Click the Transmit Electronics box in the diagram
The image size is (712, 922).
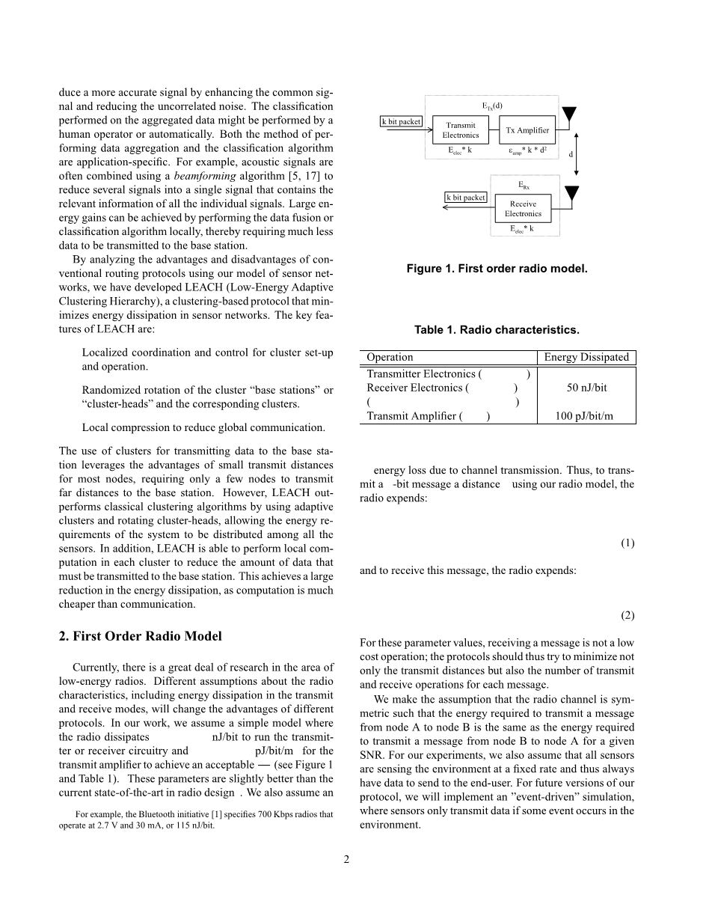click(460, 130)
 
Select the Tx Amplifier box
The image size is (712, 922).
click(527, 130)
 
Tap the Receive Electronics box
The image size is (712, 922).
click(523, 208)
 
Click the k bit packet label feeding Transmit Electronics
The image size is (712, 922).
click(401, 122)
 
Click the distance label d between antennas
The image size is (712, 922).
click(571, 154)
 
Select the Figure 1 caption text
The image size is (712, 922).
click(497, 269)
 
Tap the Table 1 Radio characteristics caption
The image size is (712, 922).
click(497, 329)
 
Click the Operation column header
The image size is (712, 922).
click(390, 357)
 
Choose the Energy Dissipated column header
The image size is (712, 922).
click(586, 357)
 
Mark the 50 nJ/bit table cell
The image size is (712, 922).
click(586, 388)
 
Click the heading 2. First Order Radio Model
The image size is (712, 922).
click(140, 636)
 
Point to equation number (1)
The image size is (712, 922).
click(627, 543)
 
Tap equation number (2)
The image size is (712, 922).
click(627, 615)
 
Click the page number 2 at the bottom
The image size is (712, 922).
click(346, 859)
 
